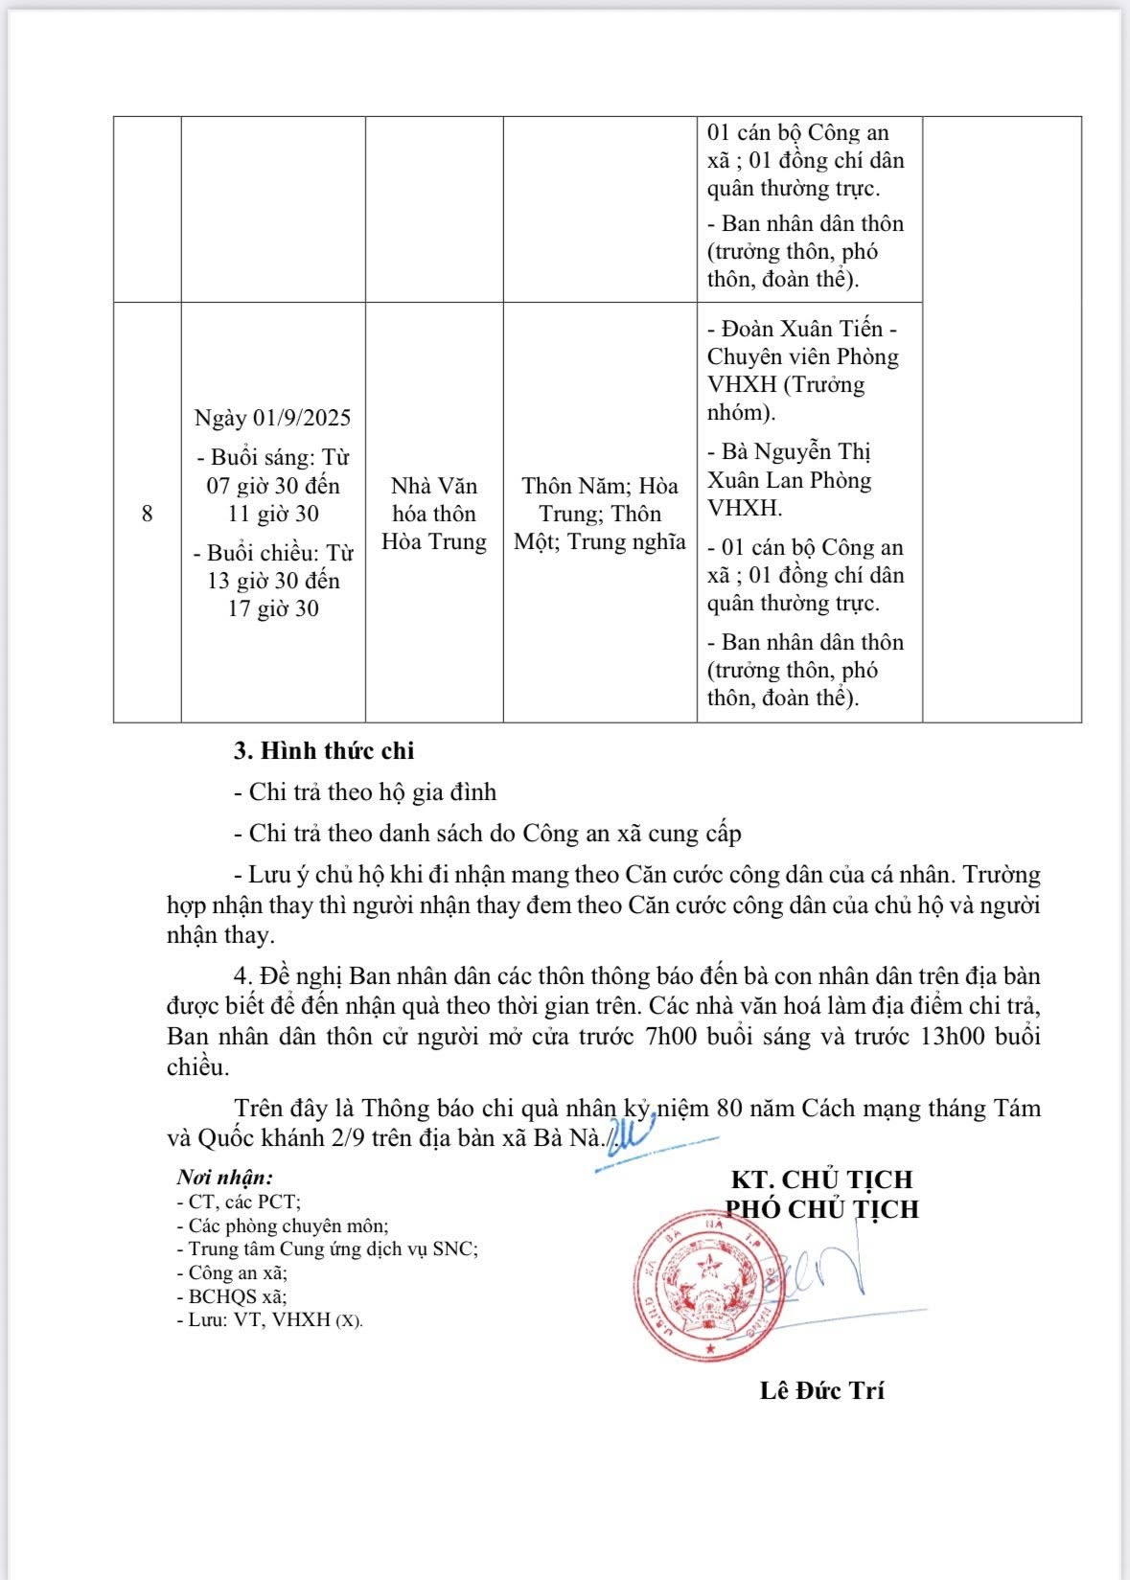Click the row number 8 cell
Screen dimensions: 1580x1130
147,514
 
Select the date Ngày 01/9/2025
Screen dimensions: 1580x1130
273,418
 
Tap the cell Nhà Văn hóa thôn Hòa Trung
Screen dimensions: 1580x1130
434,514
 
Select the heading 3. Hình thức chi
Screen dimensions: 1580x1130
324,750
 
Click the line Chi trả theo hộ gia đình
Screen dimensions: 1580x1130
365,791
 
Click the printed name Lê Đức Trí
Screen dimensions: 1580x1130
821,1390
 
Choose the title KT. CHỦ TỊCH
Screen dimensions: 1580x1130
821,1179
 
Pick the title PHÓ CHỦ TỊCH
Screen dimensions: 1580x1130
821,1209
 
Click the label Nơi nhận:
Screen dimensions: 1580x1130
224,1178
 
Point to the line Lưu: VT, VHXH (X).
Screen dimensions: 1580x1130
269,1319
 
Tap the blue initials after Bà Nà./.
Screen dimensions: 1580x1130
633,1135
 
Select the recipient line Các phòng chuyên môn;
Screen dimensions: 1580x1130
283,1225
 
